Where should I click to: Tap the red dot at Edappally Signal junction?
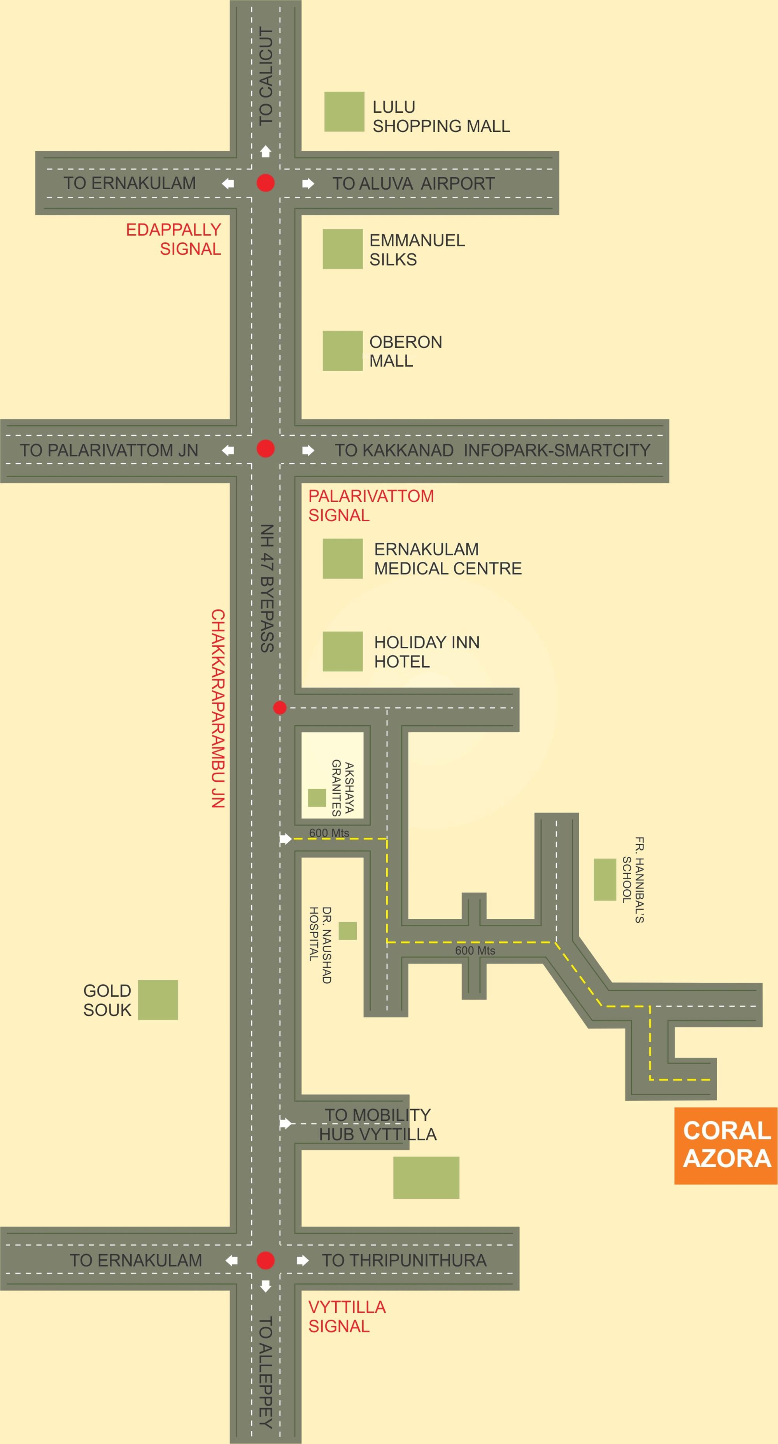pos(265,183)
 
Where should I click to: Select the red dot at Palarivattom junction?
pos(265,449)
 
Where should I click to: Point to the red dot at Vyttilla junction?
pos(265,1260)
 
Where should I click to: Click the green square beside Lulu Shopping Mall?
pos(344,112)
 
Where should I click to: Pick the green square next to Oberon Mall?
pos(342,351)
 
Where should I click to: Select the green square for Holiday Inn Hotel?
pos(342,651)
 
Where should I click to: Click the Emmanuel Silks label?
pos(417,250)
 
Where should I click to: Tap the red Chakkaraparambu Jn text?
pos(217,708)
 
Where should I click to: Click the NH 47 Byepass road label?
pos(267,588)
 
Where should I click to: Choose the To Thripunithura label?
pos(404,1260)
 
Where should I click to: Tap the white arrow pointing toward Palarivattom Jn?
pos(228,450)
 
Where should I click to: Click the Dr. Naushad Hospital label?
pos(320,945)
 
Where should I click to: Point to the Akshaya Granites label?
pos(342,787)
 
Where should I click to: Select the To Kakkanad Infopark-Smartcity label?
pos(492,450)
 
